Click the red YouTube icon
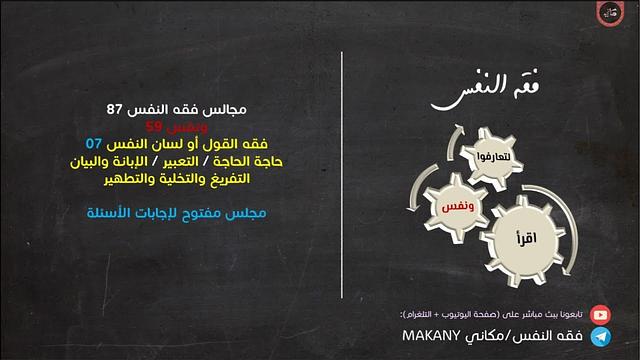(x=600, y=313)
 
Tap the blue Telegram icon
(x=600, y=337)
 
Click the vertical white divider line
(x=343, y=180)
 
